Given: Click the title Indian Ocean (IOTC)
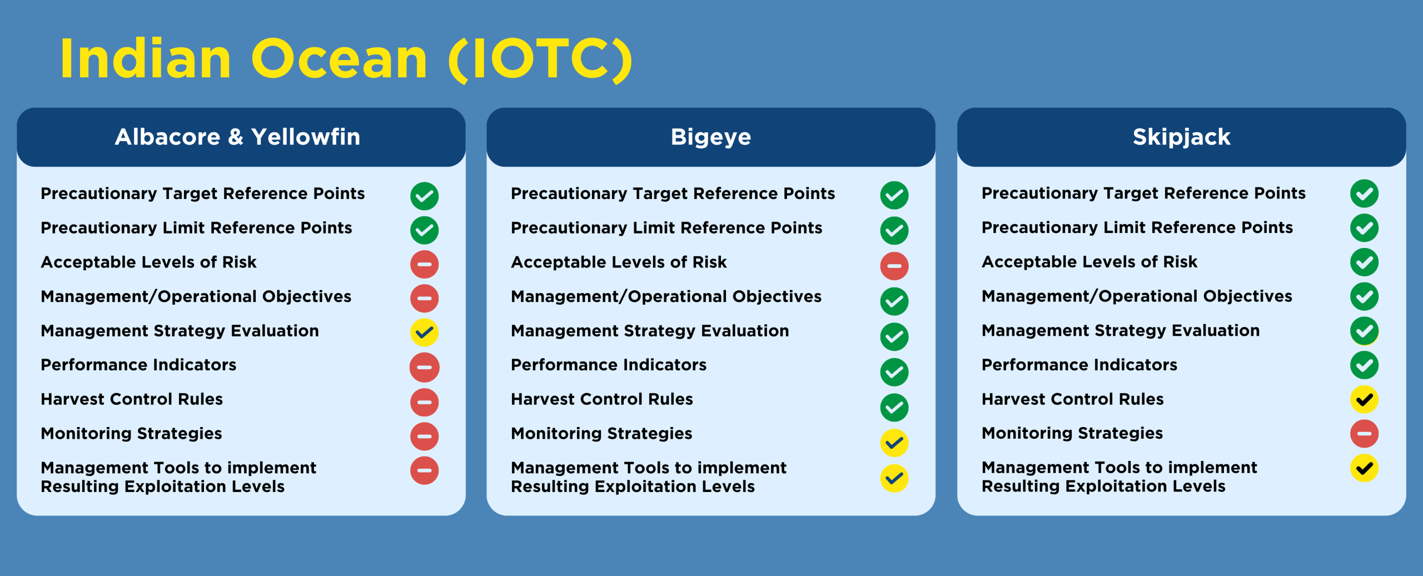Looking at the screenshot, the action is tap(346, 59).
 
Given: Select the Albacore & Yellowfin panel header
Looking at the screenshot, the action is tap(241, 137).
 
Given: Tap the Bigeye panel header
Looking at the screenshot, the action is tap(710, 137).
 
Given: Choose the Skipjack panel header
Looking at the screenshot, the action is tap(1181, 137).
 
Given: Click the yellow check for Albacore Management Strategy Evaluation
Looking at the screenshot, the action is tap(424, 332).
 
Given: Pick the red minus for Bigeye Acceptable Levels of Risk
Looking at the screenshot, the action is tap(894, 266).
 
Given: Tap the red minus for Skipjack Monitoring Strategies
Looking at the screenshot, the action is tap(1364, 434).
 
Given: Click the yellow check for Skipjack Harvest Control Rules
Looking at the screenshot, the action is tap(1364, 399).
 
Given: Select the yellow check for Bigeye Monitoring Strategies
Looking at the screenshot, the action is tap(894, 443).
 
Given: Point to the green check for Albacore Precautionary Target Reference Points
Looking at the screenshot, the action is tap(424, 196).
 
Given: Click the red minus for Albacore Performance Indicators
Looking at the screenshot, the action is tap(424, 367).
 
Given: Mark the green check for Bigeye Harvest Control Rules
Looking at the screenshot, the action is tap(894, 408).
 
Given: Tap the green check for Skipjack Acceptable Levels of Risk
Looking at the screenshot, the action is tap(1364, 262).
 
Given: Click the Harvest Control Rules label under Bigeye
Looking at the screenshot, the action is tap(601, 399).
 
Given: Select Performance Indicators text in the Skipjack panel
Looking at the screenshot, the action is tap(1079, 365).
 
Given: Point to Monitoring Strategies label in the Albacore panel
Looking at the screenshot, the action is tap(131, 433).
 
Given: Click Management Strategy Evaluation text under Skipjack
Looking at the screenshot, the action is tap(1120, 330).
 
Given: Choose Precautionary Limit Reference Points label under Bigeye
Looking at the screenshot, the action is tap(666, 228).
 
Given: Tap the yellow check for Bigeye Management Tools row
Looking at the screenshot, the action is tap(894, 478).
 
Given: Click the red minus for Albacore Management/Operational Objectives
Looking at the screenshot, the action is tap(424, 298).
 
